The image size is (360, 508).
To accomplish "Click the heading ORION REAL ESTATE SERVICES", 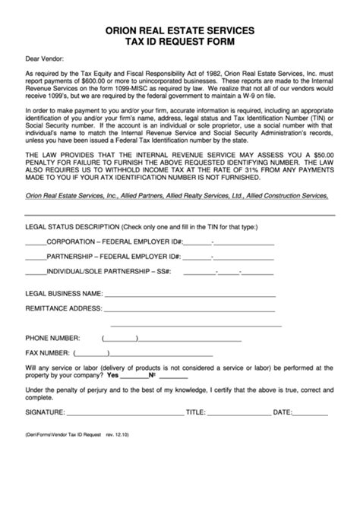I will coord(180,30).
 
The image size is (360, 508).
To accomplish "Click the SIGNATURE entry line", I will coord(125,414).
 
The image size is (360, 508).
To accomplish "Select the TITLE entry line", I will coord(238,414).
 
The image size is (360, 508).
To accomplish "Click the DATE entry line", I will coord(311,414).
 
